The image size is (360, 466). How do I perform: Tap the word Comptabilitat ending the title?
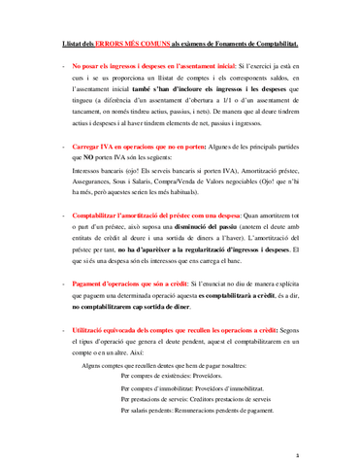coord(271,45)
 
